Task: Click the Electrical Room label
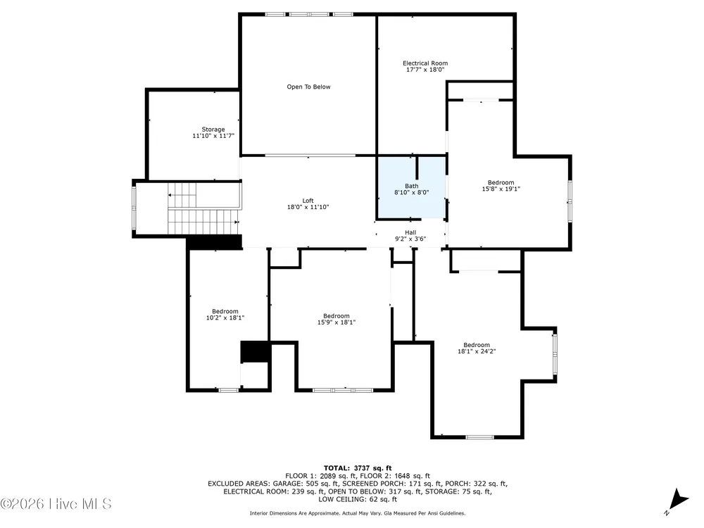click(425, 63)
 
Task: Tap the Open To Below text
click(308, 87)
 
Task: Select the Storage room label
click(213, 130)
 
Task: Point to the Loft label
click(308, 201)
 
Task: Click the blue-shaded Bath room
click(412, 188)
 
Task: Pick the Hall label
click(410, 232)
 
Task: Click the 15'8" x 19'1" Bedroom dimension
click(501, 189)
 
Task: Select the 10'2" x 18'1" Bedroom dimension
click(225, 318)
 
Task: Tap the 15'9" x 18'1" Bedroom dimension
click(337, 322)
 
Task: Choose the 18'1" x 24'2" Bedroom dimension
click(477, 351)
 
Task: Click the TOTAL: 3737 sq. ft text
click(358, 468)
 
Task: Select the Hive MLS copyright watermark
click(56, 504)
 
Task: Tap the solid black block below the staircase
click(215, 242)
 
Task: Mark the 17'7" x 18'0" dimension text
click(425, 70)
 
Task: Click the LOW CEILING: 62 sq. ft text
click(358, 499)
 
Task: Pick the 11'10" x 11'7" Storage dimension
click(213, 136)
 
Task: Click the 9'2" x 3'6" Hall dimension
click(410, 239)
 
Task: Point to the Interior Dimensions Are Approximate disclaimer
click(358, 513)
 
